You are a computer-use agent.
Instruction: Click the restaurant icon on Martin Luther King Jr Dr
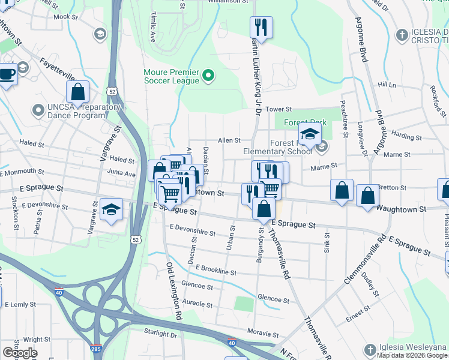click(x=261, y=26)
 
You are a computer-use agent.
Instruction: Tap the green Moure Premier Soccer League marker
click(x=208, y=76)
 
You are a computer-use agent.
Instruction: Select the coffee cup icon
click(x=6, y=74)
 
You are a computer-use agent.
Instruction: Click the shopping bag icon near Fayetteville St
click(x=78, y=92)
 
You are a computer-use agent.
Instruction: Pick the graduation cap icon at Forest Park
click(x=310, y=134)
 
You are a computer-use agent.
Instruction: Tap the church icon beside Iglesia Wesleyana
click(x=372, y=349)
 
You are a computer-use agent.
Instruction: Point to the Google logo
click(x=20, y=353)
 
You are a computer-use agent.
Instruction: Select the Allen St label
click(x=229, y=140)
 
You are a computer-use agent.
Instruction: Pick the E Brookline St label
click(x=215, y=271)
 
